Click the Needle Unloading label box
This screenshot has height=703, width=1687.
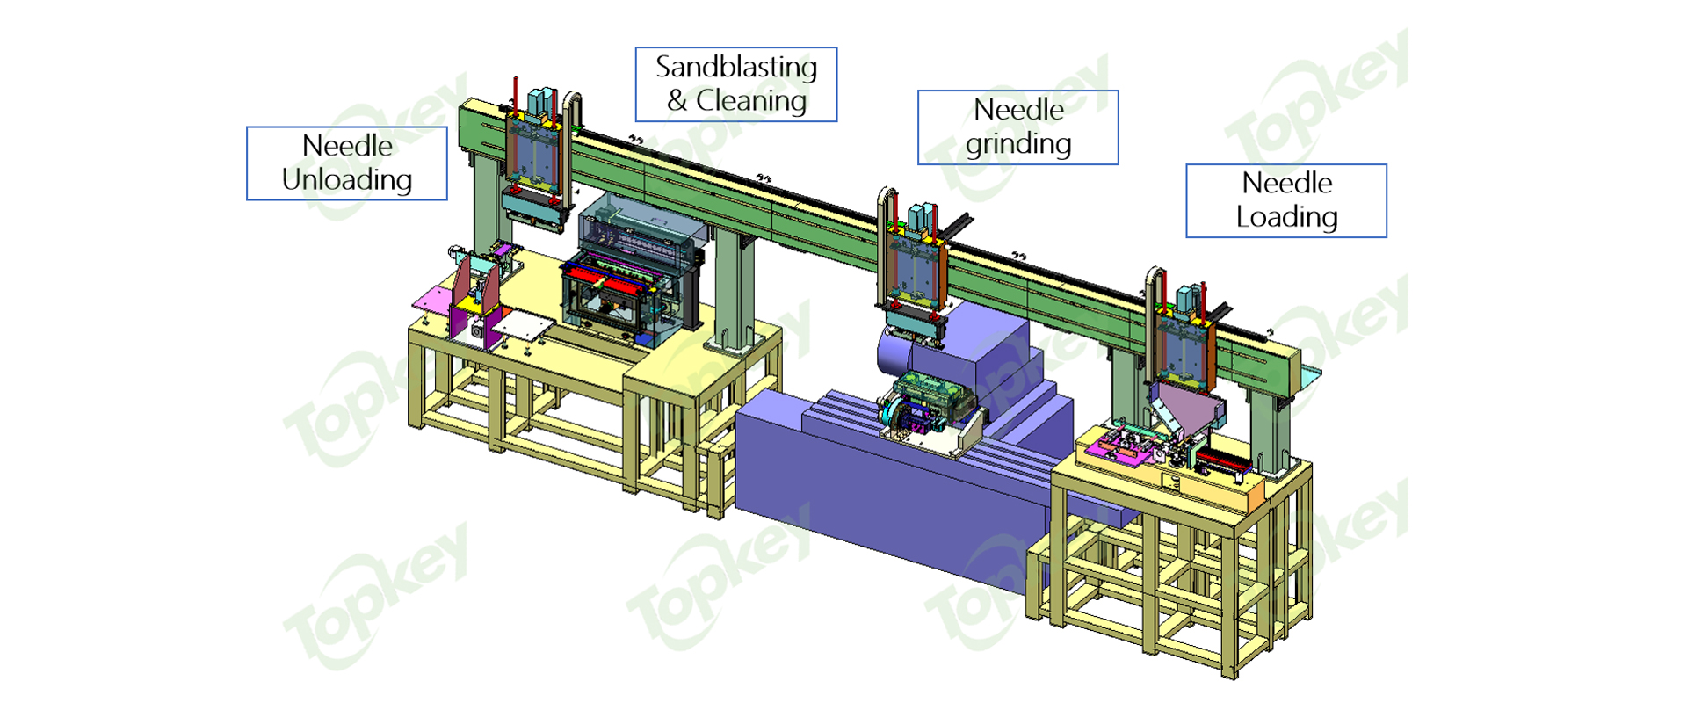[x=347, y=163]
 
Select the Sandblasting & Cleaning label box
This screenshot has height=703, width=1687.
[x=736, y=84]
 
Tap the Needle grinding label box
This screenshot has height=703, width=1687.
[x=1018, y=127]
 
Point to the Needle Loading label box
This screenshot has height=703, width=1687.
[x=1286, y=200]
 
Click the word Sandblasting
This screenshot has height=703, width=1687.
[x=736, y=67]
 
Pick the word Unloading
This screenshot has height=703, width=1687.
[x=347, y=180]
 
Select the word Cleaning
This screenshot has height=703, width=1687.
[x=751, y=101]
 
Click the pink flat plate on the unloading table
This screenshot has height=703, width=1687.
[x=435, y=300]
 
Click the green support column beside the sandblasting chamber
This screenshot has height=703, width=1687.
[x=735, y=290]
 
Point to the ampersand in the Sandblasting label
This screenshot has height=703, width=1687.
[x=677, y=101]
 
